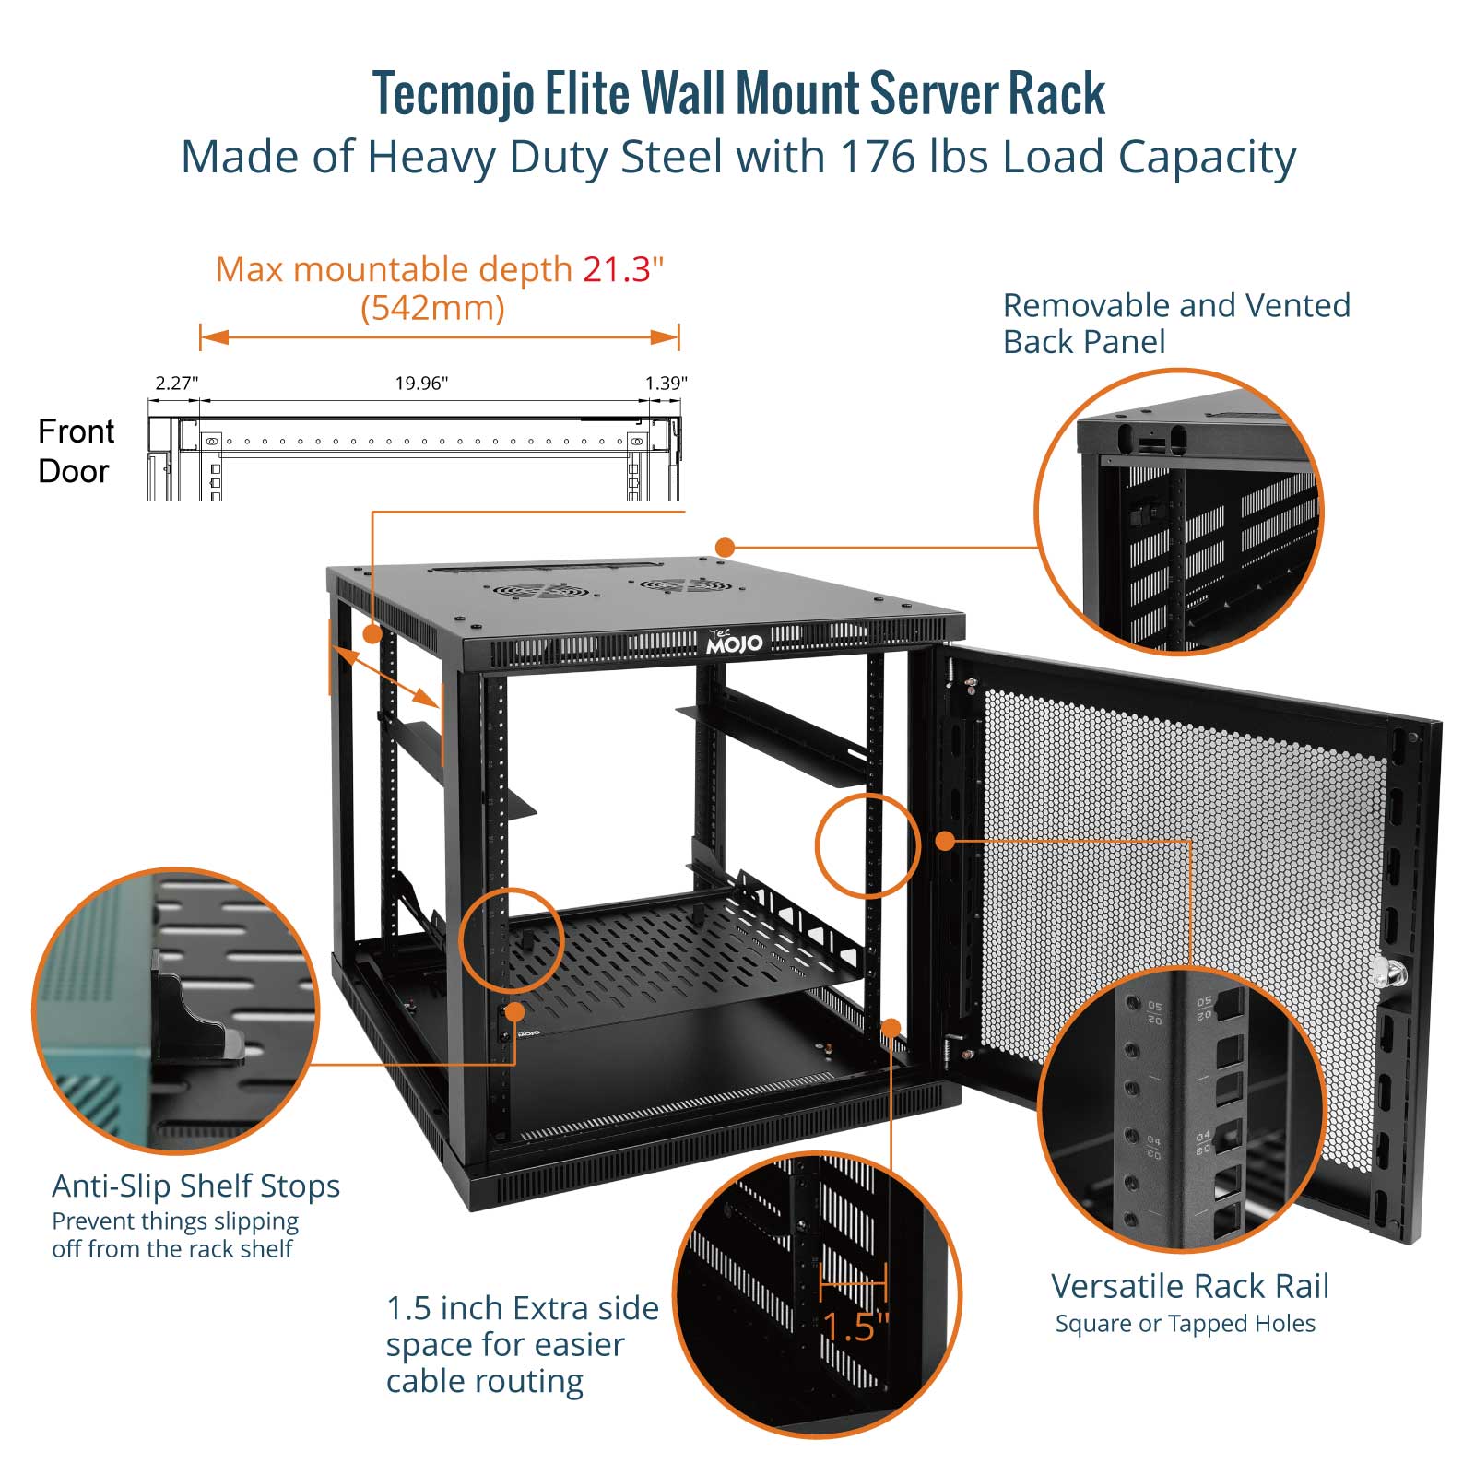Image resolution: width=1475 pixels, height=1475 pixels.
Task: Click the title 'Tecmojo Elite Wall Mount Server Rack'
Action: click(738, 94)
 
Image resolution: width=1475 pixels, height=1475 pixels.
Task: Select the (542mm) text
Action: click(432, 308)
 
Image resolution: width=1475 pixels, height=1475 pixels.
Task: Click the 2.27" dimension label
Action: click(176, 383)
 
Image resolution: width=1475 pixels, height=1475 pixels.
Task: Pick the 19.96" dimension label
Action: click(421, 383)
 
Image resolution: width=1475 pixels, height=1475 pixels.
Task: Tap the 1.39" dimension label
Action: click(666, 383)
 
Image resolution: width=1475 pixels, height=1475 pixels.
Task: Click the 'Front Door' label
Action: click(76, 451)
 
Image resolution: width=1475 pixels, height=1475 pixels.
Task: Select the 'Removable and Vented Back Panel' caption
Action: click(1175, 323)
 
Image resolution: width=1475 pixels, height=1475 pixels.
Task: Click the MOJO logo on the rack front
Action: click(734, 643)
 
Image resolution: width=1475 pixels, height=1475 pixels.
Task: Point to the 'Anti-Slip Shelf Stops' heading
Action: click(195, 1186)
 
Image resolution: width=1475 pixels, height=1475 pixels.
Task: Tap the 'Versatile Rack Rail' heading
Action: click(1189, 1286)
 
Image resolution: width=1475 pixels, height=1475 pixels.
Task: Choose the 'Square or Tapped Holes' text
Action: click(1185, 1324)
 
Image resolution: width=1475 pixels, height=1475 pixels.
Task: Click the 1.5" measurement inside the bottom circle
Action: click(855, 1327)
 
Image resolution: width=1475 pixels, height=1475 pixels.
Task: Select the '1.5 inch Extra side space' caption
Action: click(522, 1344)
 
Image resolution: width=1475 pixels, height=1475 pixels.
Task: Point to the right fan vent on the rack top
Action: click(687, 584)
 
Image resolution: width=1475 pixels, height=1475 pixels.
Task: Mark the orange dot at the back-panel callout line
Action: click(725, 548)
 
